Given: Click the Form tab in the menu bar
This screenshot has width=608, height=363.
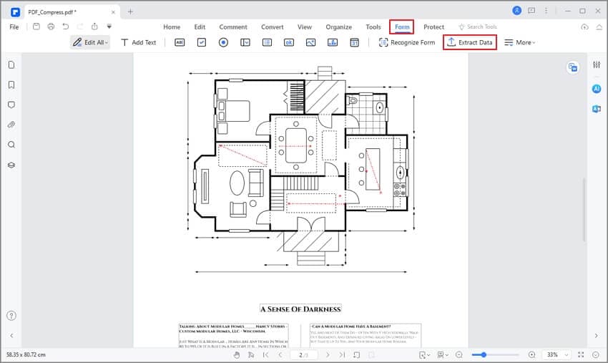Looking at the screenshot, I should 402,26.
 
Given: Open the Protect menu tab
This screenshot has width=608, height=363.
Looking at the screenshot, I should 433,26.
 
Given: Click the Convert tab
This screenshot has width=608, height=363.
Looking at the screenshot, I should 272,26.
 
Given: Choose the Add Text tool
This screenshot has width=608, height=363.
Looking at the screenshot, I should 138,42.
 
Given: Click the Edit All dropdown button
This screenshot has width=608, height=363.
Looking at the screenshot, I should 90,42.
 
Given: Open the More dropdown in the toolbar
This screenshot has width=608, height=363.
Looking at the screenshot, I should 519,42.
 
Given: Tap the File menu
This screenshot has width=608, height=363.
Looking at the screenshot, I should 14,26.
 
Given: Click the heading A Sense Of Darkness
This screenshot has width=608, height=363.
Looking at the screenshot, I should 300,309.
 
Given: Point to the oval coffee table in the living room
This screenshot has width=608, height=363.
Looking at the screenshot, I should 237,183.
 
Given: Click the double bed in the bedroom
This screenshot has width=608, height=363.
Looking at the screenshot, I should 233,111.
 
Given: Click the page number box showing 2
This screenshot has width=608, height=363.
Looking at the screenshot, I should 303,354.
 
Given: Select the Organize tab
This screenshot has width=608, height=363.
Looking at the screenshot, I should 338,26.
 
